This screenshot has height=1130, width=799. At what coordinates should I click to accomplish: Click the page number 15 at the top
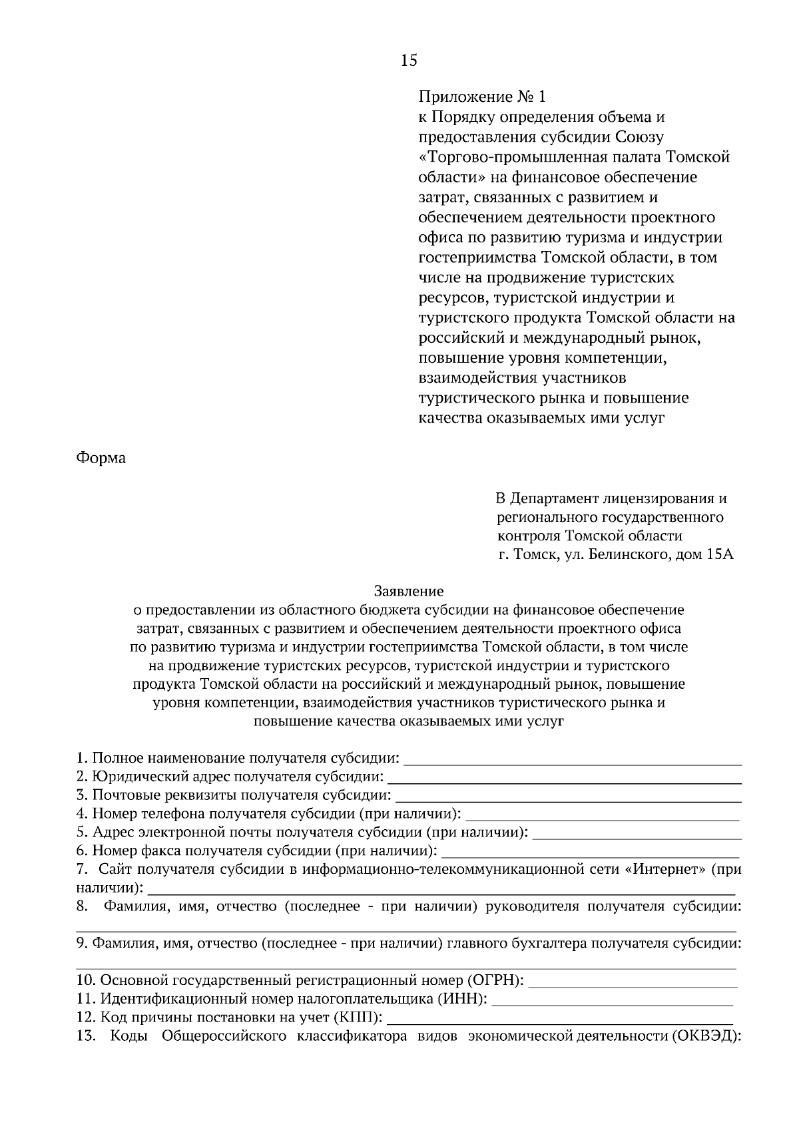pos(409,61)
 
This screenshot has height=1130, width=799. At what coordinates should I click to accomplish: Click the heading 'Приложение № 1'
pos(481,97)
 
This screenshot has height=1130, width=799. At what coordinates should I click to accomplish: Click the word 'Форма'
pos(101,459)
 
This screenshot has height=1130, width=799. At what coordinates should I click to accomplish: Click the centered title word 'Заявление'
pos(409,590)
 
